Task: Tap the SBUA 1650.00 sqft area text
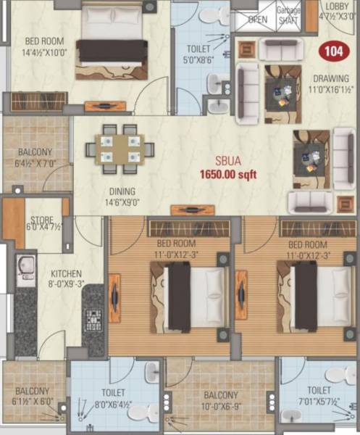[228, 169]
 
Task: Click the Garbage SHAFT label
[290, 15]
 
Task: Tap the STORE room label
[39, 223]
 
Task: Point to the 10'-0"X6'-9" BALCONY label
[220, 400]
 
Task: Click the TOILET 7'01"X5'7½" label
[318, 395]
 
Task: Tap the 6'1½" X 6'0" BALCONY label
[32, 396]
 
